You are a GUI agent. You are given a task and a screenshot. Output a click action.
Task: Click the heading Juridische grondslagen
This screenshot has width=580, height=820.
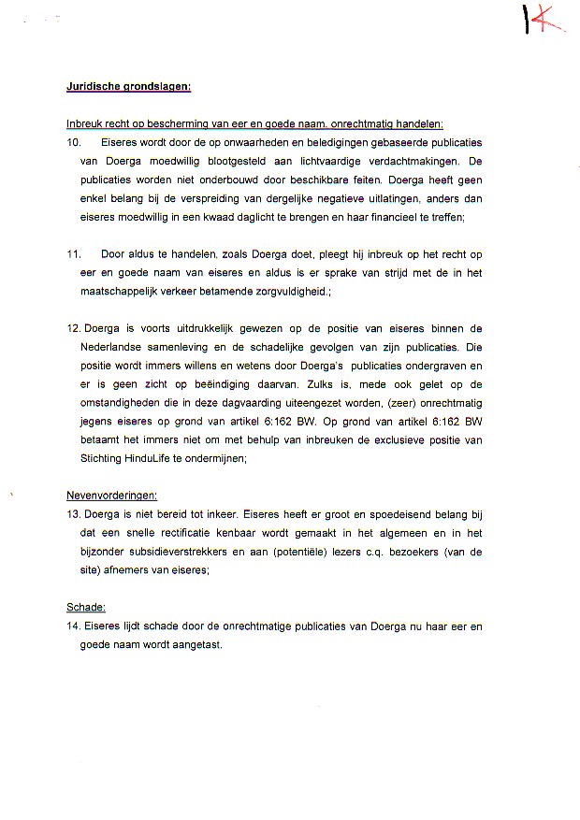click(128, 87)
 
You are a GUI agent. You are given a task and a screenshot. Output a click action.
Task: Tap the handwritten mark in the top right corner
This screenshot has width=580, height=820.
click(543, 20)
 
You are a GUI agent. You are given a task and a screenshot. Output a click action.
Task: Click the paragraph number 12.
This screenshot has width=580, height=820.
click(73, 328)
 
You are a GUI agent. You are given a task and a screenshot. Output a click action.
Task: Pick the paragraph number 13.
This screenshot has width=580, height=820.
click(73, 514)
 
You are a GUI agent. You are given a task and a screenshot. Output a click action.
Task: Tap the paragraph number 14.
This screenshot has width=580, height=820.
click(73, 626)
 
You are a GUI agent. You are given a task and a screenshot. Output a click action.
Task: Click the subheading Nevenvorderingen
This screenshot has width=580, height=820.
click(111, 496)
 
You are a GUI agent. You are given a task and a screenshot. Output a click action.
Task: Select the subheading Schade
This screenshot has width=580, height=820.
click(86, 608)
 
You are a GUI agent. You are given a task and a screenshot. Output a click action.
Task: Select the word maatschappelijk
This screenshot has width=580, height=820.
click(122, 292)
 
